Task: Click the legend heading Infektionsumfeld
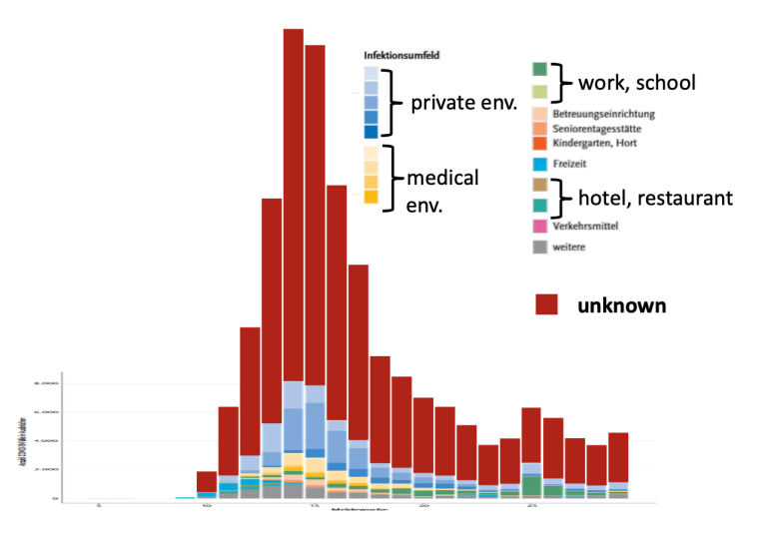(x=401, y=56)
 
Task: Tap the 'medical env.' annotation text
(x=441, y=189)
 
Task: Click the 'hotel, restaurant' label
(x=655, y=198)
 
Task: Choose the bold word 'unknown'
(x=621, y=304)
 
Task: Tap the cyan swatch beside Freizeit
(x=539, y=164)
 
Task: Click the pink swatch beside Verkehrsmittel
(x=539, y=227)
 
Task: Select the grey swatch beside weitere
(x=539, y=247)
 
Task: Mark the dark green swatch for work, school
(x=539, y=70)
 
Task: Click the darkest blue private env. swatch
(x=371, y=132)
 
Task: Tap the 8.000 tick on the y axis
(x=47, y=383)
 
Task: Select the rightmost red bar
(x=618, y=457)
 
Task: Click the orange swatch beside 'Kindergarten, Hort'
(x=539, y=144)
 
